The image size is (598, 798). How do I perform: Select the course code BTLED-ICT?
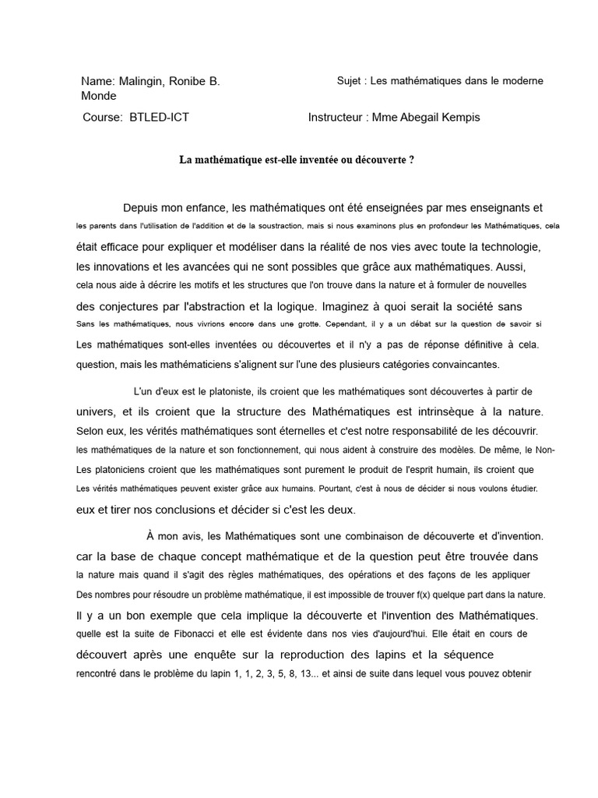(159, 118)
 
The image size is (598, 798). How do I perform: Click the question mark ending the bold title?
(411, 160)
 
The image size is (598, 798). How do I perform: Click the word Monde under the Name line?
(99, 96)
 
